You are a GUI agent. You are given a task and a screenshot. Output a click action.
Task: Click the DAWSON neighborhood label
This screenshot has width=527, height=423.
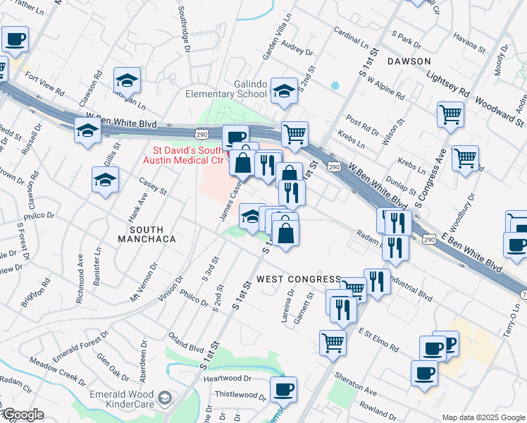(x=409, y=61)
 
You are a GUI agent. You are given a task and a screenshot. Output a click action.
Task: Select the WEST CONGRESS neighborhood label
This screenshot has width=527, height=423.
(x=298, y=279)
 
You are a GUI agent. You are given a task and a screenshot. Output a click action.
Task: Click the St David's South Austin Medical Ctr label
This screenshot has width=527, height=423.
(x=189, y=155)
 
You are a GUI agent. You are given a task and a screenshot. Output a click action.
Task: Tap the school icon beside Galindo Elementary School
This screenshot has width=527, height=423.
(x=284, y=91)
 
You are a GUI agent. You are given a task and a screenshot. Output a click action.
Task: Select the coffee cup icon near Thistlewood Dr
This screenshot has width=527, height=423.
(x=284, y=388)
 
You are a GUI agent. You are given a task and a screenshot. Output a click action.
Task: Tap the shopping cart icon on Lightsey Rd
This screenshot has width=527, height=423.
(x=450, y=114)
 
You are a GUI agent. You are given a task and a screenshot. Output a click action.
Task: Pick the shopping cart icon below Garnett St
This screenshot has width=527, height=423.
(x=333, y=343)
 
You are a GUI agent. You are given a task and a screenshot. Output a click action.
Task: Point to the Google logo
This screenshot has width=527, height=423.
(x=23, y=415)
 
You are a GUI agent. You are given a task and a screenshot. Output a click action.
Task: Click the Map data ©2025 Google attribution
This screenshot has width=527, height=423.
(x=483, y=417)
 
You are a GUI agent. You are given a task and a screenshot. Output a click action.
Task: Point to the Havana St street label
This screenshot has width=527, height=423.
(x=470, y=45)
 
